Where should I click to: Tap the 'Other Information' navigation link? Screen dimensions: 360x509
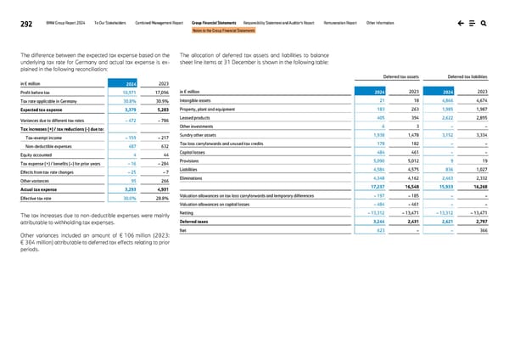point(429,25)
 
